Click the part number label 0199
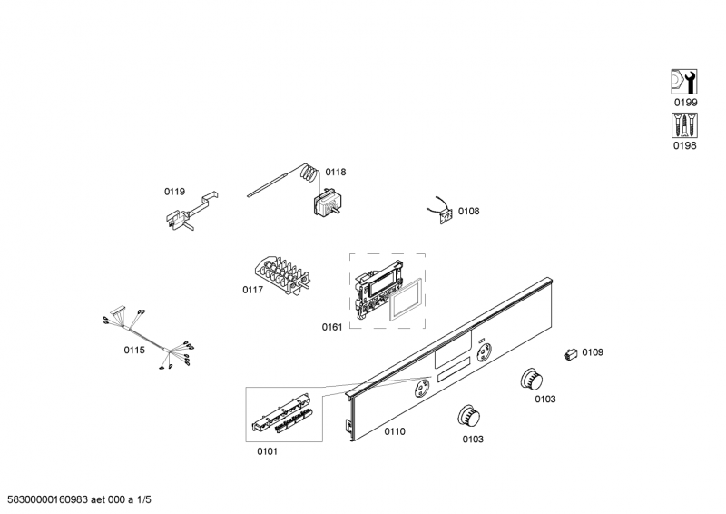(x=684, y=104)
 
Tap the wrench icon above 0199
(x=683, y=83)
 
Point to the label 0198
(x=684, y=146)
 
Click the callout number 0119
(x=174, y=192)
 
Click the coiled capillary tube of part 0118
(x=309, y=171)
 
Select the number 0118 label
(x=336, y=172)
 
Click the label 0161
(x=332, y=327)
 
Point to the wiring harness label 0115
(x=134, y=350)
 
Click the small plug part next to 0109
(x=571, y=354)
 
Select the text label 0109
(x=593, y=352)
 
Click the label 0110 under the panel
(x=394, y=432)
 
